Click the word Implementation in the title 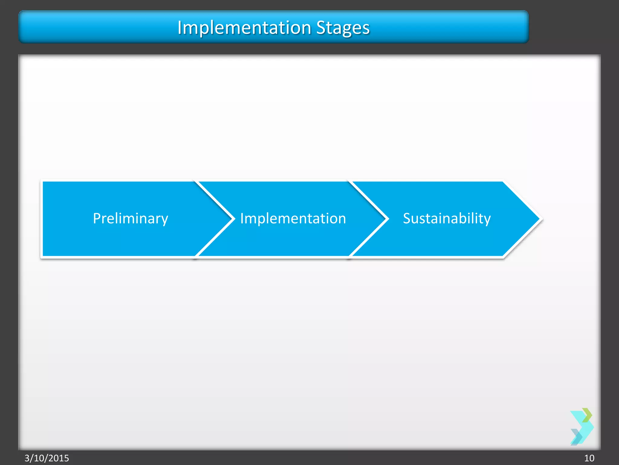(244, 28)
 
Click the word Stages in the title (343, 28)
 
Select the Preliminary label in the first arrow (130, 219)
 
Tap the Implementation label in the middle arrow (293, 219)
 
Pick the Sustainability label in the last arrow (446, 219)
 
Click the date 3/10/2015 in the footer (47, 458)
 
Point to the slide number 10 (589, 458)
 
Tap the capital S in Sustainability (407, 218)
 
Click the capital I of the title (180, 28)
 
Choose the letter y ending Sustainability (488, 220)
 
